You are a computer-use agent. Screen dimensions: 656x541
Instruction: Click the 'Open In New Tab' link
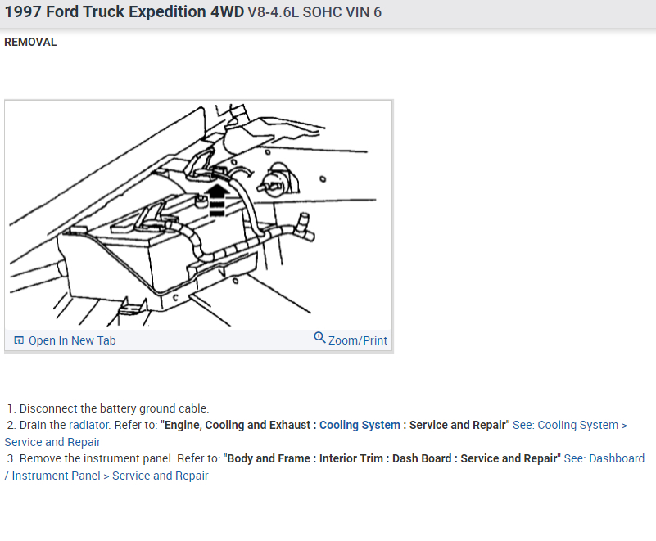click(x=72, y=340)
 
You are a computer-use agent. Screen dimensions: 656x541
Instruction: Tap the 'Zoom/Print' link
click(x=358, y=340)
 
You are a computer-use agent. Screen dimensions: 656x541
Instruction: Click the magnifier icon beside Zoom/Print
click(x=320, y=338)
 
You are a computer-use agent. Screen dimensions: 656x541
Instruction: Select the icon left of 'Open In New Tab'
click(x=19, y=340)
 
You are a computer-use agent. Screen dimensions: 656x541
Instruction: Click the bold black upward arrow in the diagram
click(x=216, y=199)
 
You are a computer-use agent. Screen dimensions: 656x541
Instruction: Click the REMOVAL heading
click(x=30, y=43)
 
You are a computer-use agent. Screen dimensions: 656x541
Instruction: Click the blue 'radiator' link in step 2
click(x=88, y=425)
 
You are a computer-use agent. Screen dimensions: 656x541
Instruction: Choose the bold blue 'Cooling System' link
click(x=360, y=425)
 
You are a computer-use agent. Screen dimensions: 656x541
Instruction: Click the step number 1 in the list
click(x=11, y=408)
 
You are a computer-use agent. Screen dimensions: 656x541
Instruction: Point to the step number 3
click(x=11, y=458)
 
